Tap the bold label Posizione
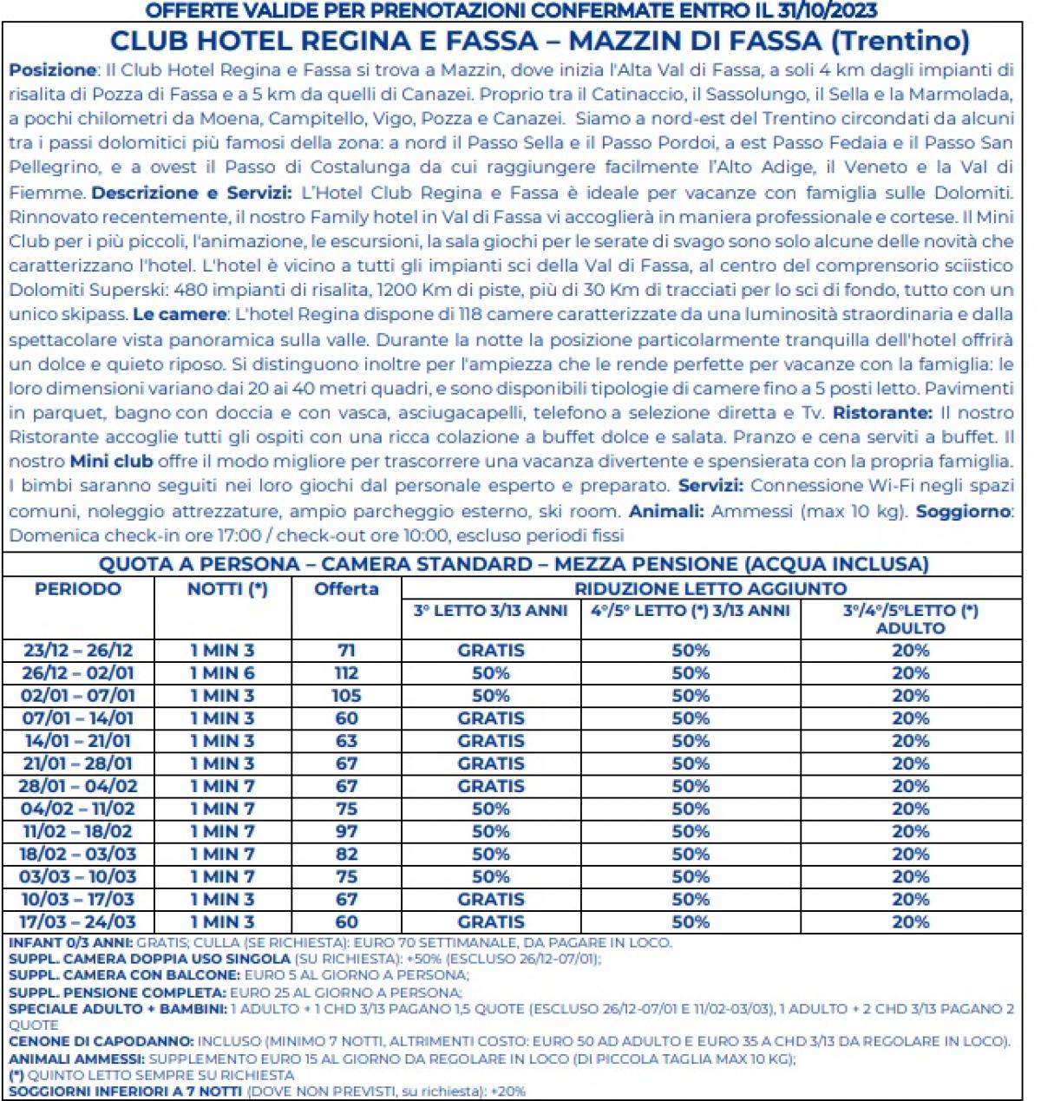click(52, 69)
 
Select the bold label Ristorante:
click(882, 413)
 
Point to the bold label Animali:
click(666, 511)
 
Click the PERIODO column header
click(78, 589)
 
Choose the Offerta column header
click(346, 589)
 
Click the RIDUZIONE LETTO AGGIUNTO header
click(710, 589)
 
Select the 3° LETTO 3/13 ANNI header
click(490, 611)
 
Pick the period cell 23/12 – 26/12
click(78, 651)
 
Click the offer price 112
click(346, 673)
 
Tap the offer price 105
click(346, 696)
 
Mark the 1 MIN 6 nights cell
click(223, 673)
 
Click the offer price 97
click(346, 831)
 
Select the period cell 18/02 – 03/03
click(78, 854)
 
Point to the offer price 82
click(346, 854)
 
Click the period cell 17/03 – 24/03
click(78, 921)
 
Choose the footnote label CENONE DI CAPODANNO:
click(101, 1041)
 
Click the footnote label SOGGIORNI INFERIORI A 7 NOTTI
click(125, 1091)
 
